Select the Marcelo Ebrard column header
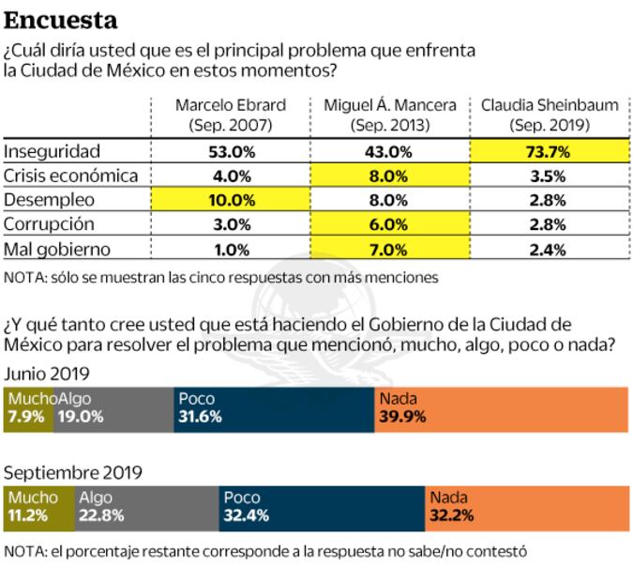point(230,115)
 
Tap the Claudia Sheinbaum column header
point(550,115)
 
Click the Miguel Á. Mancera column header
point(389,115)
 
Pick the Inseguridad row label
point(53,150)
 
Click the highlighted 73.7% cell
point(550,150)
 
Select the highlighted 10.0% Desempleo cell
point(230,200)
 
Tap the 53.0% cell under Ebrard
point(230,150)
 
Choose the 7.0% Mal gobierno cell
point(389,249)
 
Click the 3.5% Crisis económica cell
point(550,176)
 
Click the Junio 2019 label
point(47,373)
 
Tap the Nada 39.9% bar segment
point(501,408)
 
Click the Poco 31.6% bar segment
point(274,408)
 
